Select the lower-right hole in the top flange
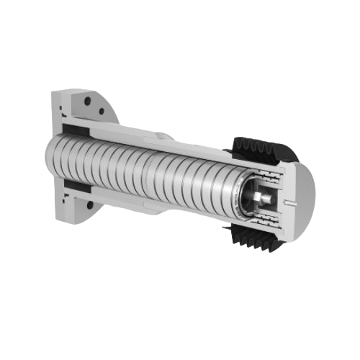point(102,111)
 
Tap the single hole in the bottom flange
point(90,204)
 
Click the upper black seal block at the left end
point(75,130)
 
